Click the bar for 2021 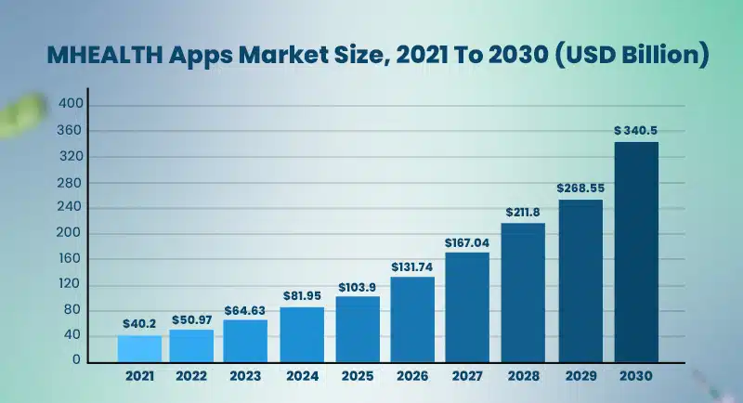click(139, 348)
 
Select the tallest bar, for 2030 click(636, 252)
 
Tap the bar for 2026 click(412, 319)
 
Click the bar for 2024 click(302, 334)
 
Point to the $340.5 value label click(636, 131)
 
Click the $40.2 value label click(139, 324)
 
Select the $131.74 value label click(412, 266)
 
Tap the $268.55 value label click(580, 188)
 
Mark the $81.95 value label click(302, 296)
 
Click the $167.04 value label click(468, 241)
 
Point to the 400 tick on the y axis click(72, 105)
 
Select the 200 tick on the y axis click(72, 233)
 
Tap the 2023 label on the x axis click(246, 377)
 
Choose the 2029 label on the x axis click(580, 377)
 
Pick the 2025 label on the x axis click(358, 377)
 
